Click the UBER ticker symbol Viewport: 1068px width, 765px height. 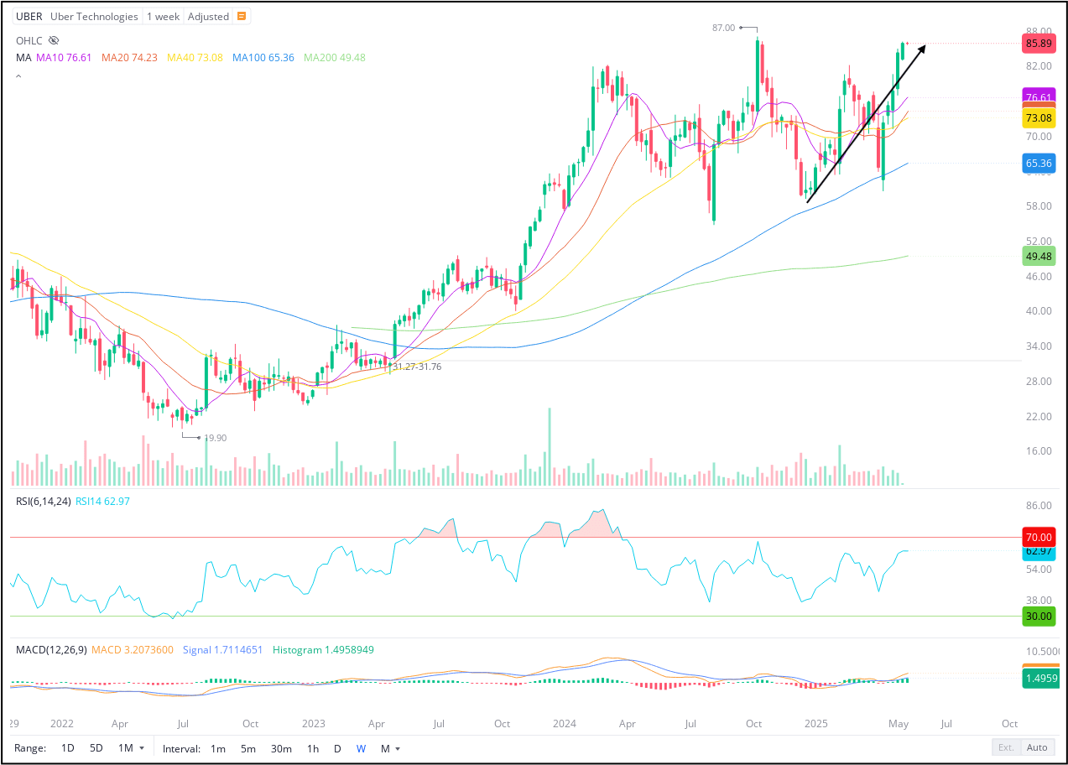[x=29, y=17]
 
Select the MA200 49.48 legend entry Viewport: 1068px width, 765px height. [x=335, y=58]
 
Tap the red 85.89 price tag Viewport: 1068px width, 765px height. [x=1038, y=44]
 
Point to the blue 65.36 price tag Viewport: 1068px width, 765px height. [x=1038, y=164]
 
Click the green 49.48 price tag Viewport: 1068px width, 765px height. [x=1038, y=257]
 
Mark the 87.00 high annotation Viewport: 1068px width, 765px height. [x=723, y=28]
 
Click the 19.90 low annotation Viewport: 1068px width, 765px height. [x=215, y=438]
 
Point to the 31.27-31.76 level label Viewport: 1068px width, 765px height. [x=417, y=367]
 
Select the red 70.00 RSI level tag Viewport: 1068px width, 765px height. [x=1038, y=538]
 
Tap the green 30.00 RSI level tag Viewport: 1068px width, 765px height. [x=1038, y=617]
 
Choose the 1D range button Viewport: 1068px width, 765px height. [x=68, y=748]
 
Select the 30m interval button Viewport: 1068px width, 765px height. [x=281, y=748]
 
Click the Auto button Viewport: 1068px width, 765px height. [x=1037, y=747]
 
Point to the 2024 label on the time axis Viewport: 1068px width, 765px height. [x=565, y=724]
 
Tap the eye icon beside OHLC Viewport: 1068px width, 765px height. [x=54, y=40]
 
